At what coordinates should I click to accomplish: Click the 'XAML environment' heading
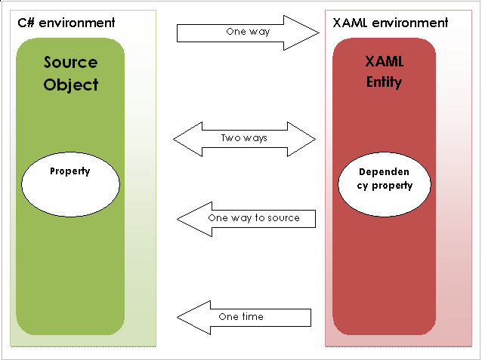pos(390,23)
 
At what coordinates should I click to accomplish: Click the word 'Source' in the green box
pos(70,62)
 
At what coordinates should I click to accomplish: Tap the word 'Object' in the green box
pos(70,85)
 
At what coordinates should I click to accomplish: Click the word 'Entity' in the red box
pos(385,82)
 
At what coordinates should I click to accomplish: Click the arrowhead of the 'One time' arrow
pos(193,317)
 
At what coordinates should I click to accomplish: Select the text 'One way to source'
pos(254,218)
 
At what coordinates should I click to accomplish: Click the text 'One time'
pos(241,317)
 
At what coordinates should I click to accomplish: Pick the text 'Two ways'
pos(244,139)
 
